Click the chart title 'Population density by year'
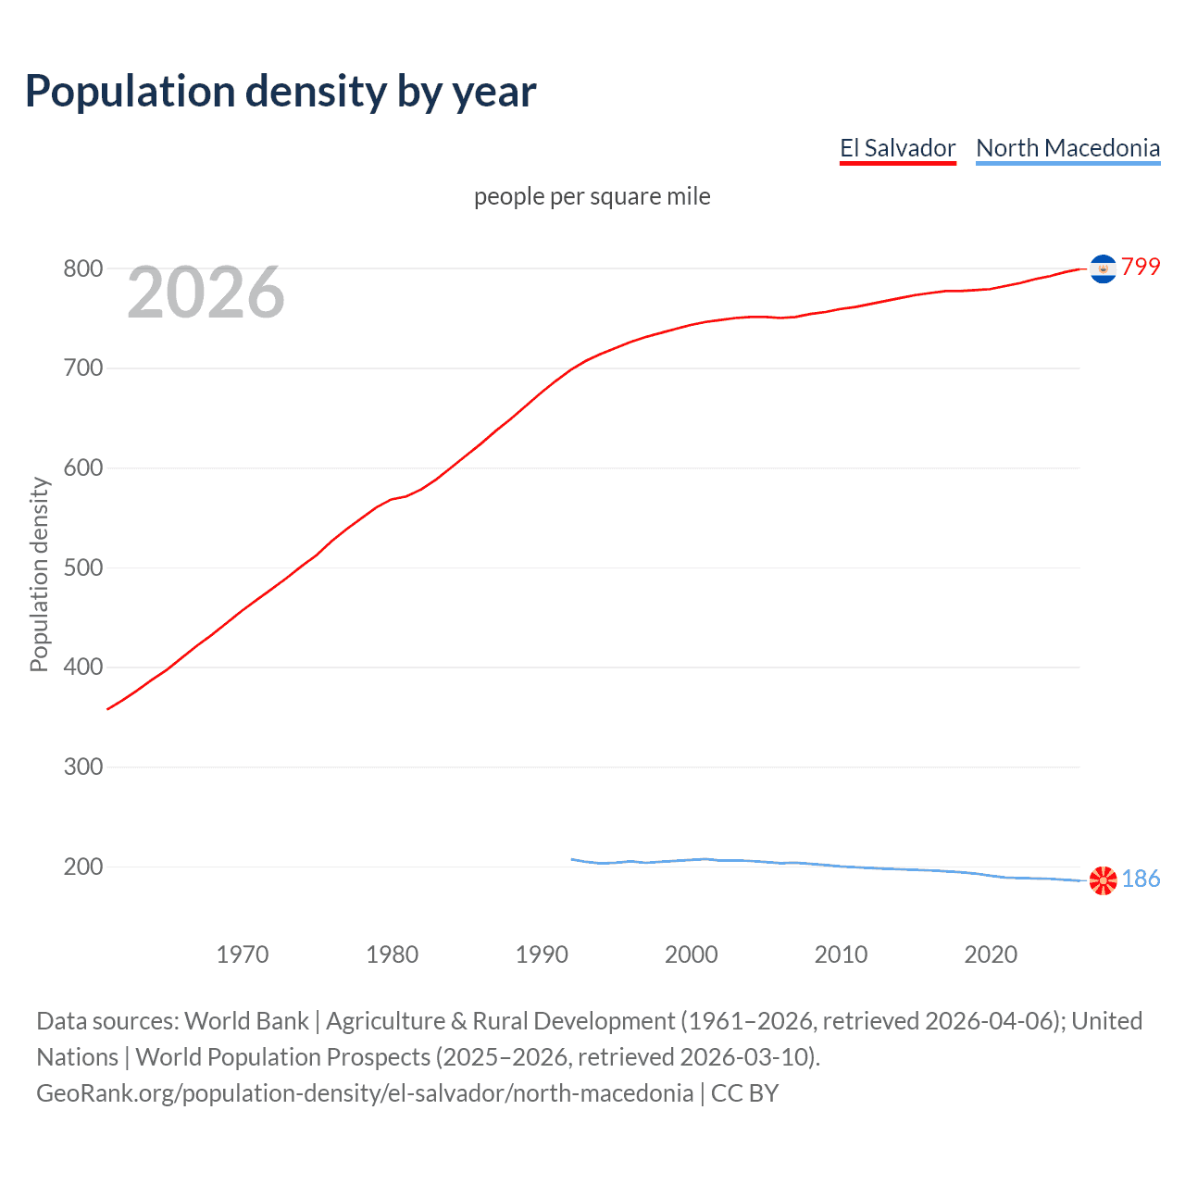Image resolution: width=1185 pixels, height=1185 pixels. [x=281, y=92]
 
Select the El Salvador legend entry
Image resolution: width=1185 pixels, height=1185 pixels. [x=897, y=148]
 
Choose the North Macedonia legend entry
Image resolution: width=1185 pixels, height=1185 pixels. [x=1067, y=148]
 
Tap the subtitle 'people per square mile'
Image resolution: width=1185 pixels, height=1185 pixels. [x=592, y=196]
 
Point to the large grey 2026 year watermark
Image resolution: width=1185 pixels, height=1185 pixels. [x=206, y=293]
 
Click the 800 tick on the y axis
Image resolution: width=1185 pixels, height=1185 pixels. [x=82, y=268]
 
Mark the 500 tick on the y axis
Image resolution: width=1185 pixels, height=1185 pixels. [x=82, y=568]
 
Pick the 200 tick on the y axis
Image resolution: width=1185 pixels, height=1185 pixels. [x=82, y=867]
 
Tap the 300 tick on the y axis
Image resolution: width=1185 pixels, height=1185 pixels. [x=82, y=767]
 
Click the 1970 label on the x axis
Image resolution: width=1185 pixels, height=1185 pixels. [x=243, y=954]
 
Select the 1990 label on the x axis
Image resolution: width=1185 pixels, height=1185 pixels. [x=542, y=954]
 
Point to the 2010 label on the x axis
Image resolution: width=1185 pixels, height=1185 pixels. [x=841, y=954]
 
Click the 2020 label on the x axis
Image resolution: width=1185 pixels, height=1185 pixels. [x=991, y=954]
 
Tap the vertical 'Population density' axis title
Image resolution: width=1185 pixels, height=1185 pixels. [x=39, y=574]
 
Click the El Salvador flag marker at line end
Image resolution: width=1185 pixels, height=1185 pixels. [x=1103, y=268]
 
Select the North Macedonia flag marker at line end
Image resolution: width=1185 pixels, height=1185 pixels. [x=1103, y=880]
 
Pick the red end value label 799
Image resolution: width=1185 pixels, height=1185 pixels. [x=1141, y=267]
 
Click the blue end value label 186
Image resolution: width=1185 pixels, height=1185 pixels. [x=1141, y=879]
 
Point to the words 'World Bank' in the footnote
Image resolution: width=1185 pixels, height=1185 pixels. [x=246, y=1021]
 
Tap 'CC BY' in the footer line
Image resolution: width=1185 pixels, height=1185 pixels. [x=744, y=1093]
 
